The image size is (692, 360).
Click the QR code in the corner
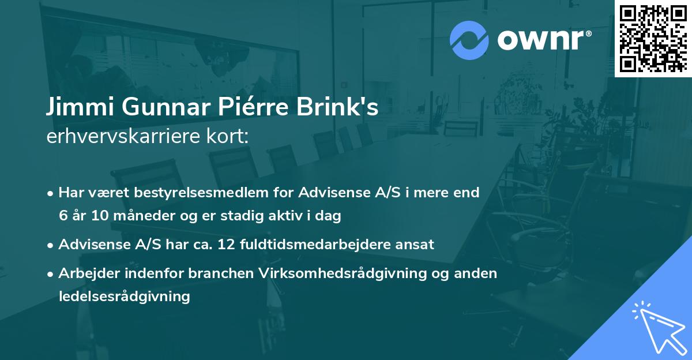click(x=653, y=38)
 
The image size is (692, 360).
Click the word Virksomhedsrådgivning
click(x=340, y=273)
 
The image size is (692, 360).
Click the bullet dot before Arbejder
click(x=51, y=273)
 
